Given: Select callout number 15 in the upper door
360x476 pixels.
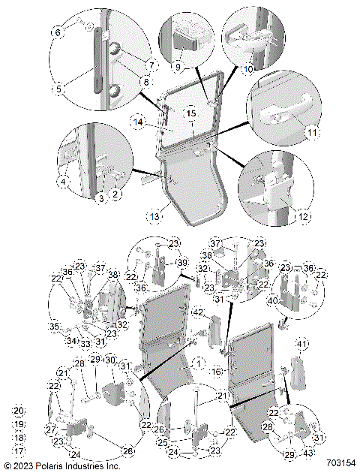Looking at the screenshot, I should [190, 114].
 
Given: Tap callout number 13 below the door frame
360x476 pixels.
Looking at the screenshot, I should [154, 216].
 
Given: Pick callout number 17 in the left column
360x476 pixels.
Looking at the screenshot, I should [19, 451].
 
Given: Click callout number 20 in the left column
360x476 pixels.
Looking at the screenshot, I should [19, 411].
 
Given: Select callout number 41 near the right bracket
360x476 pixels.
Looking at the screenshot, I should [304, 344].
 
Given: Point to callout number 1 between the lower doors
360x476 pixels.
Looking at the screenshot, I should [198, 362].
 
